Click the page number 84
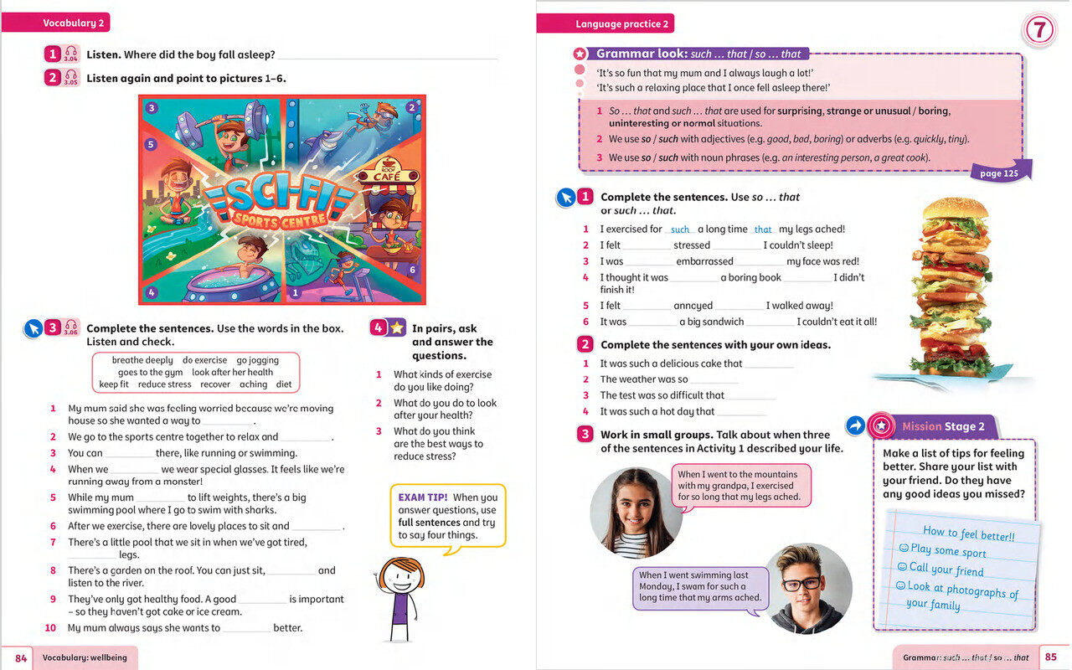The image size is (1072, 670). coord(21,658)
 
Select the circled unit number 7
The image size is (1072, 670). coord(1038,31)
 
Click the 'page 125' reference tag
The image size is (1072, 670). coord(999,173)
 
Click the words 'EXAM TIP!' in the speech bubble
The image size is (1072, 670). coord(423,497)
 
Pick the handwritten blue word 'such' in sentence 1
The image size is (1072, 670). coord(680,229)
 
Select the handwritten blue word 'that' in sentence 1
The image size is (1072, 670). coord(763,229)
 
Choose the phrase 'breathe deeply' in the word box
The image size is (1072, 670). coord(142,360)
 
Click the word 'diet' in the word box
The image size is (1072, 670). coord(284,384)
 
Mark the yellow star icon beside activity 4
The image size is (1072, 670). coord(397,328)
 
